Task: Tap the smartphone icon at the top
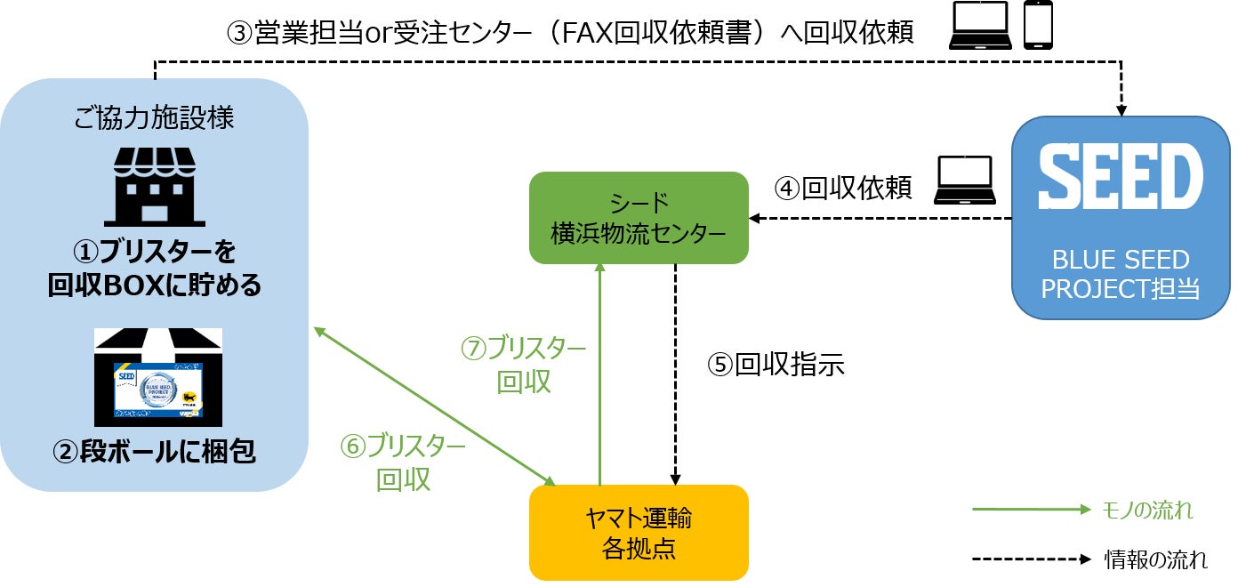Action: tap(1038, 28)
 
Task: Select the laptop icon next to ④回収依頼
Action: tap(964, 181)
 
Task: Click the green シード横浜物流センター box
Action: tap(639, 217)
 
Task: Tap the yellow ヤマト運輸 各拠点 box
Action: tap(639, 532)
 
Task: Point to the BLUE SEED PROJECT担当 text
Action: tap(1120, 274)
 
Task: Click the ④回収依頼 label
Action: tap(842, 188)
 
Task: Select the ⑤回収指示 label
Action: tap(775, 364)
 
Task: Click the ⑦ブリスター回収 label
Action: tap(524, 365)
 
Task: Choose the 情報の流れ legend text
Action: tap(1155, 560)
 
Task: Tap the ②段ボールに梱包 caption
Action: tap(155, 453)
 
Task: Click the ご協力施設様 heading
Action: tap(156, 118)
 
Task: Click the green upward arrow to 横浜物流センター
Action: tap(600, 374)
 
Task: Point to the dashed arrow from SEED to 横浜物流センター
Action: tap(880, 218)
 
